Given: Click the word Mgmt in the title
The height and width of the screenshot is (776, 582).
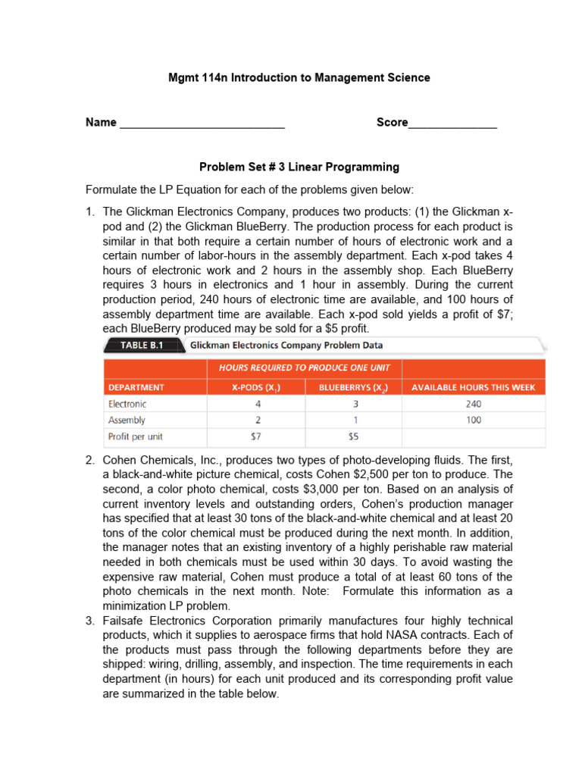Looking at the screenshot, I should pos(182,77).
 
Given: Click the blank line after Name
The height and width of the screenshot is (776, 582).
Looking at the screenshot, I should pos(202,124).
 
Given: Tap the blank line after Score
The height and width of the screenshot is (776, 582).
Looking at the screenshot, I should pos(452,124).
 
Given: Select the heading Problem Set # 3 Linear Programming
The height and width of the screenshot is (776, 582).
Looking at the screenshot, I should pos(299,167).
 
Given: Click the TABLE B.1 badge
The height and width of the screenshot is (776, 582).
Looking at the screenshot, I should pos(144,346).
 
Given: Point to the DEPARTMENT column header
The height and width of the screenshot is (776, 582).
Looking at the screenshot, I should pos(136,387).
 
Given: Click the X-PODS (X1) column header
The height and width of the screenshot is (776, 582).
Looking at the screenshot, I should pos(256,387).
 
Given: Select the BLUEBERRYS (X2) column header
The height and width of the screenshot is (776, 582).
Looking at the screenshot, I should pos(353,387).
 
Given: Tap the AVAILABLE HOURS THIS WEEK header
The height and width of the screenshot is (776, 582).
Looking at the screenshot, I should pos(473,387).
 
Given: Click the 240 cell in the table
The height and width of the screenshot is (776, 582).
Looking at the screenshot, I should pos(473,404).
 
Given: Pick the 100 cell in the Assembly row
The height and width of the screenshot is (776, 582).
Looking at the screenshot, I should pos(473,420).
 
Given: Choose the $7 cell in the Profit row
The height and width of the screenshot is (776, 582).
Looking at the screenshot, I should pos(256,436).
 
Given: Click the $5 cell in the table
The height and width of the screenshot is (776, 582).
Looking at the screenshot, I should pos(353,436).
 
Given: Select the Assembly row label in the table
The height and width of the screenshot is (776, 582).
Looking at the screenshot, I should pos(127,420).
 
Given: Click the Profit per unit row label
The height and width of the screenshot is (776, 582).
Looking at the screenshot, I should pos(136,436).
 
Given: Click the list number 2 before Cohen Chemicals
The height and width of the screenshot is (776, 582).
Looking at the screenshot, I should pos(89,460).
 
